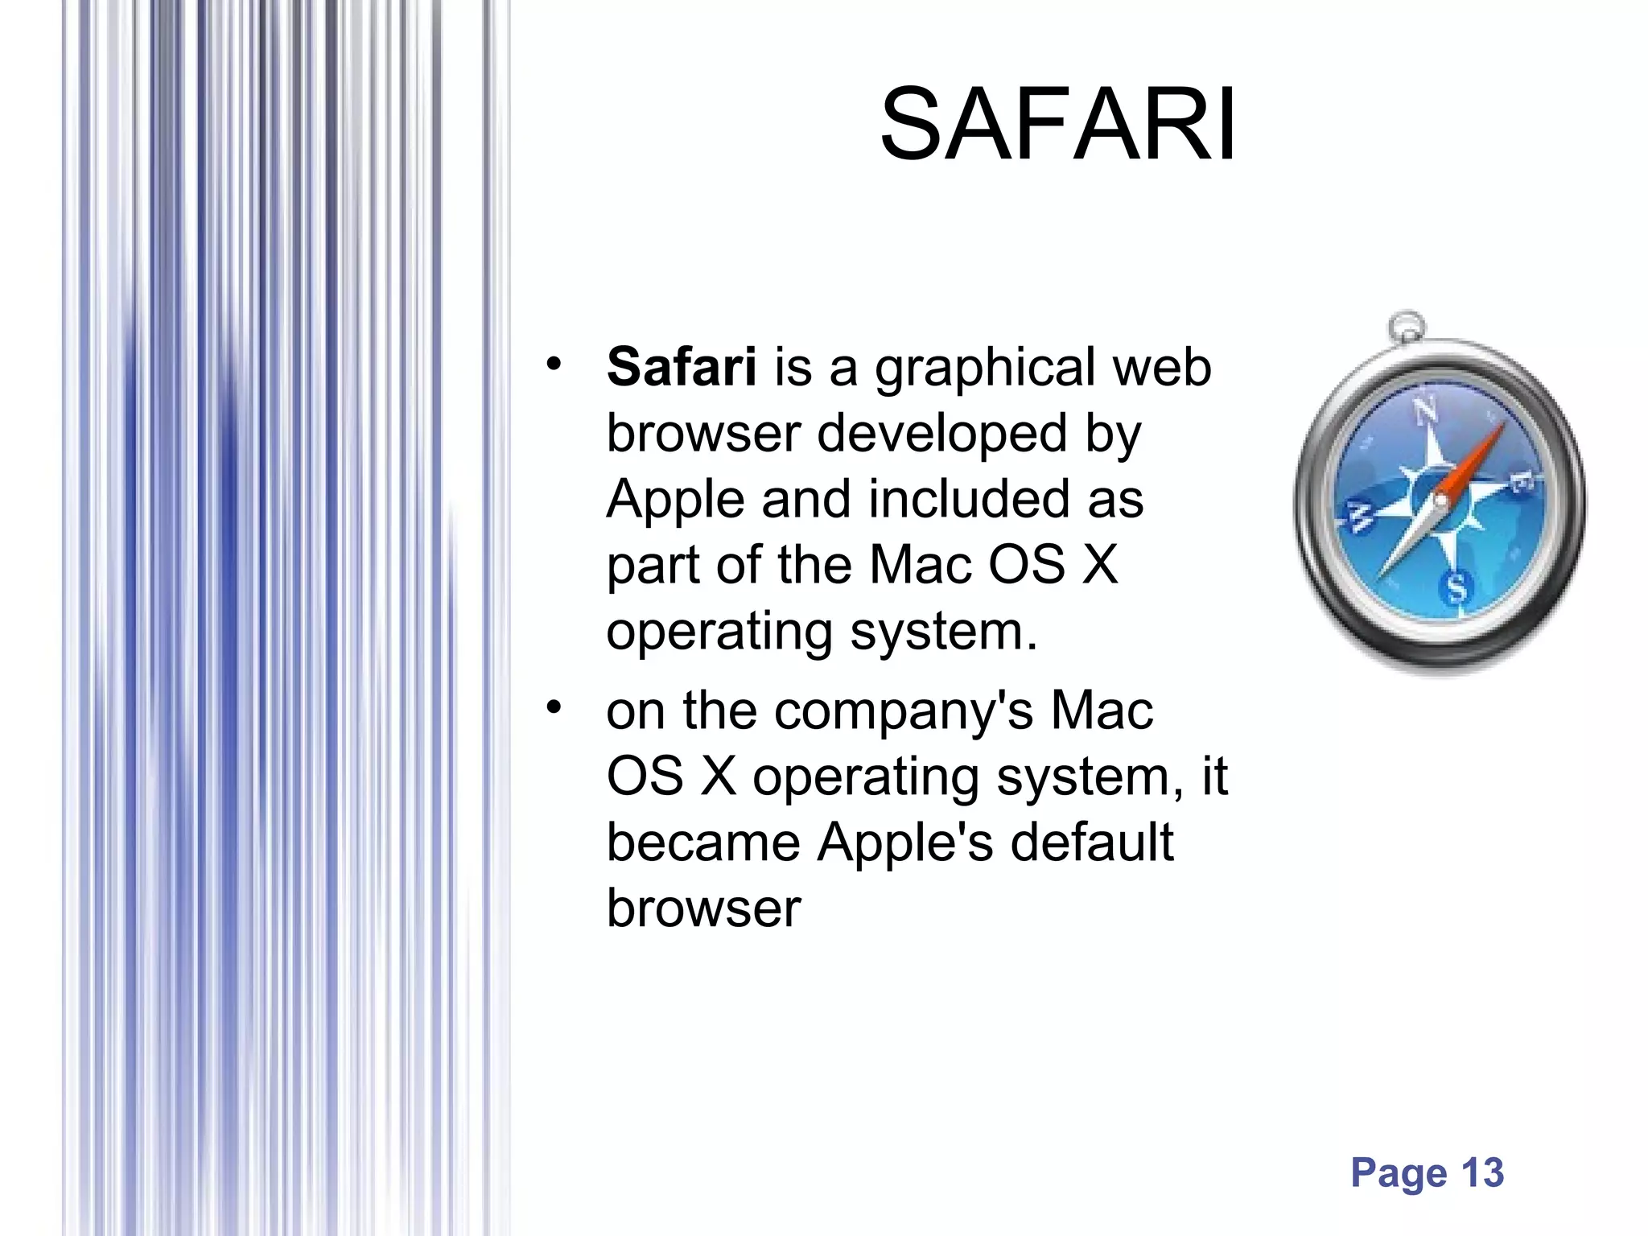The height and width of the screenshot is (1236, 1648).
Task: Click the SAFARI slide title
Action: pyautogui.click(x=1057, y=126)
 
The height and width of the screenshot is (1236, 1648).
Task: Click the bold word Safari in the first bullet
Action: pyautogui.click(x=681, y=367)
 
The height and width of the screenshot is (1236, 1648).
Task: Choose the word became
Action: pyautogui.click(x=702, y=843)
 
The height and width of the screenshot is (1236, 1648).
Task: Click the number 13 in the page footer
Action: pyautogui.click(x=1482, y=1172)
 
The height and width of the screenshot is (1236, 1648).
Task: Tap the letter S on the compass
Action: pyautogui.click(x=1457, y=588)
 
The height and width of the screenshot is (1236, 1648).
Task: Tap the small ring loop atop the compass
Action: pyautogui.click(x=1407, y=326)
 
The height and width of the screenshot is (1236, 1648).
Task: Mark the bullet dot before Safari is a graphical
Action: pyautogui.click(x=552, y=365)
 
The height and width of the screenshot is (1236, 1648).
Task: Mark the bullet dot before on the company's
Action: pyautogui.click(x=552, y=708)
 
